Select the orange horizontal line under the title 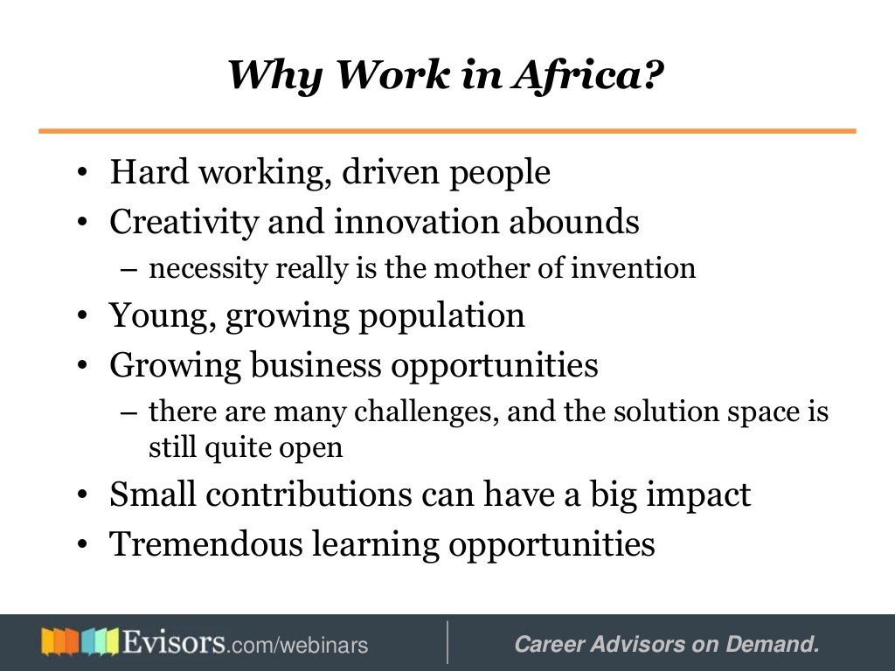(x=447, y=131)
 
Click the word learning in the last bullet (x=395, y=543)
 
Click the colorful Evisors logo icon (x=79, y=643)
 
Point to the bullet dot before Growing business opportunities (x=81, y=366)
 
